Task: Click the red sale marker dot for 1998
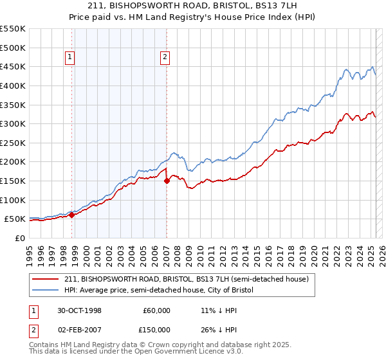72,215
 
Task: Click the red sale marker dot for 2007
167,181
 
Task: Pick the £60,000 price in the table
156,310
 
